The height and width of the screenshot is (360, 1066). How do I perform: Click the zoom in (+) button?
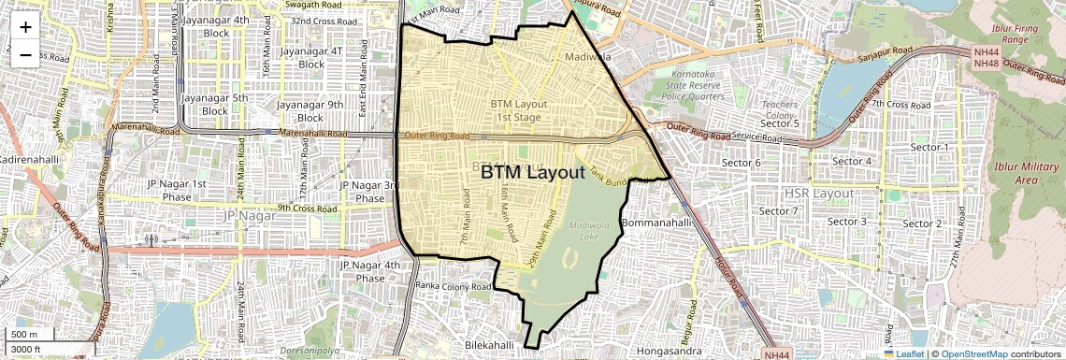(25, 27)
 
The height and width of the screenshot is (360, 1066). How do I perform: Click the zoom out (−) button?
(25, 54)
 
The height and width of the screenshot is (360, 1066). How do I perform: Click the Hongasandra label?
(668, 351)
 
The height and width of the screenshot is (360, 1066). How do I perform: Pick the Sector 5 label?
(779, 123)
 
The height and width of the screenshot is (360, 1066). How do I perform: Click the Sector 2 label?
(922, 223)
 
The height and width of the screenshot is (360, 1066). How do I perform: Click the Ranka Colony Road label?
(454, 286)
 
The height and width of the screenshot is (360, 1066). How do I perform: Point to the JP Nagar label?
(252, 216)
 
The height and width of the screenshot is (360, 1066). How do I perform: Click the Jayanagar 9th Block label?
(310, 111)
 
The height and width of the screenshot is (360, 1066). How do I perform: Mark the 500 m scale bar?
(28, 335)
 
